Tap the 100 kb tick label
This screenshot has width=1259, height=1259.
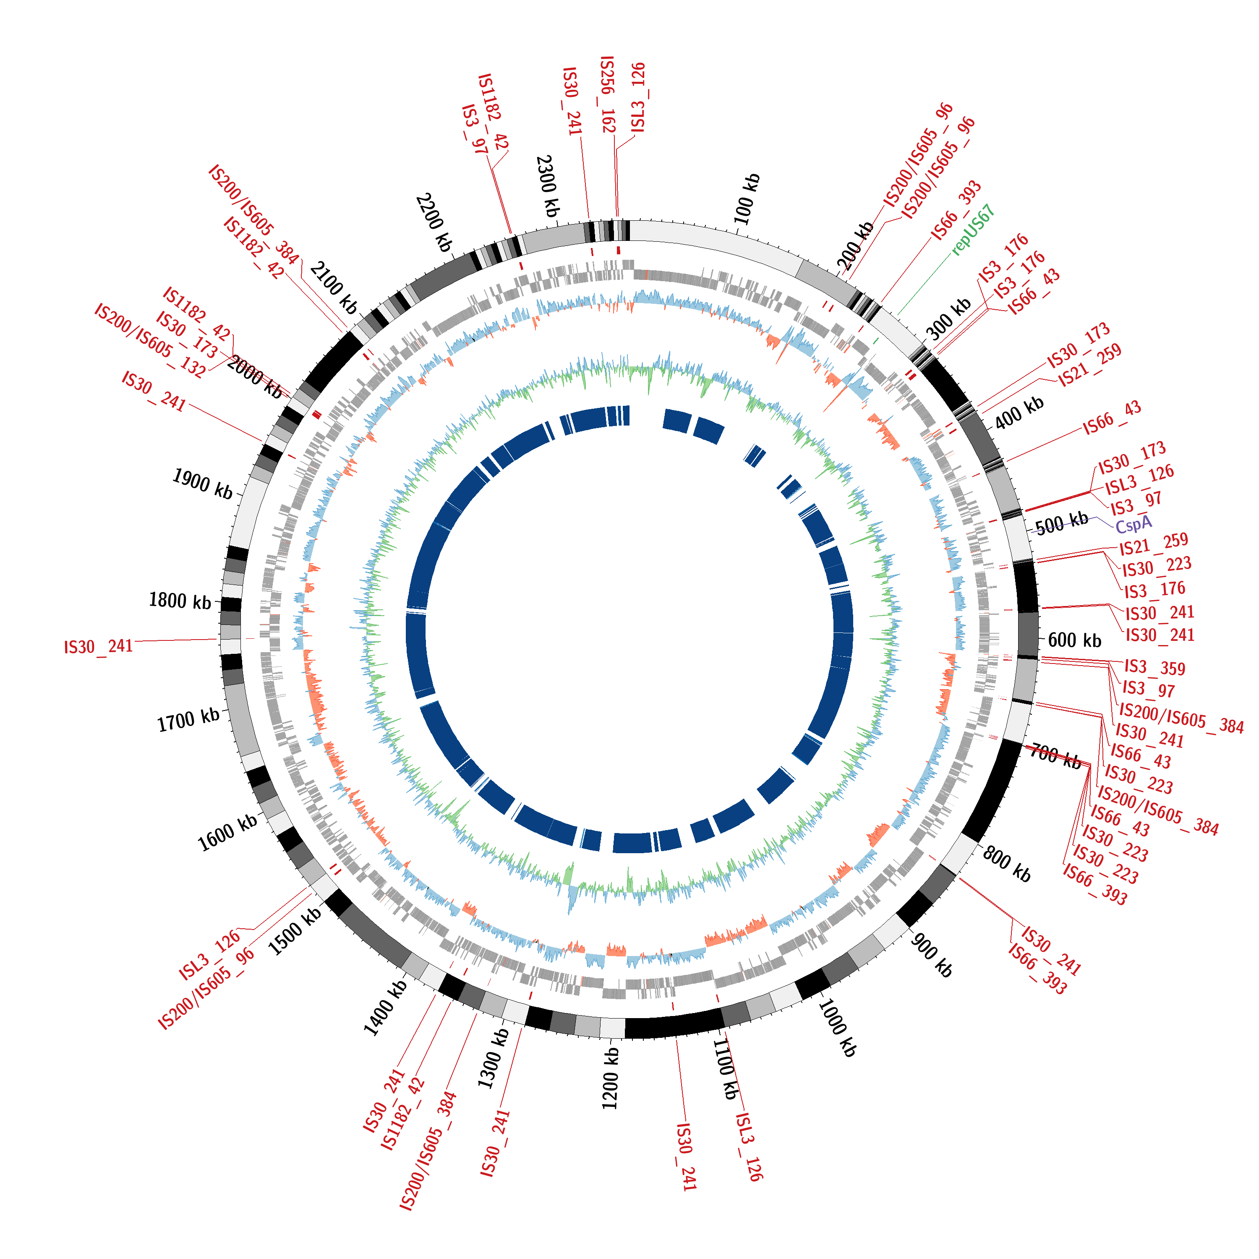coord(747,199)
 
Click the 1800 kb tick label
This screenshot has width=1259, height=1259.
coord(180,600)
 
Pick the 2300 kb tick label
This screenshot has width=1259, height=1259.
coord(547,186)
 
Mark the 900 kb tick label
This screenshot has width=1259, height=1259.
coord(932,955)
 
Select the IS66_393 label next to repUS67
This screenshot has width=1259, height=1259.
coord(956,211)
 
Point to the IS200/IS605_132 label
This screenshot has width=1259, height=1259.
coord(150,340)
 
